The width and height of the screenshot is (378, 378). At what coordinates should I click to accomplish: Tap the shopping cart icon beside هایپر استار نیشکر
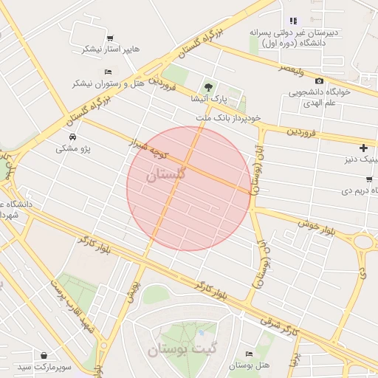click(x=110, y=38)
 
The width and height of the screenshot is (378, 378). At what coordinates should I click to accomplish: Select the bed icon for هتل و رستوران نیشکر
click(x=108, y=72)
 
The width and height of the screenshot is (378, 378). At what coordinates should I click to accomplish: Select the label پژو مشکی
click(x=72, y=148)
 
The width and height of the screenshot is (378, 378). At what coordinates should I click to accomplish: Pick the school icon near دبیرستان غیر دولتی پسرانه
click(x=293, y=21)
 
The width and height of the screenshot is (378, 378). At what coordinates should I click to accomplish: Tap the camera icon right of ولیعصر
click(x=319, y=80)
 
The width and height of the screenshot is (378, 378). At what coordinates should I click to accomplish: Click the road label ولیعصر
click(x=291, y=69)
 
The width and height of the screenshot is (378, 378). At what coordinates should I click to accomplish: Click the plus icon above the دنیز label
click(x=362, y=148)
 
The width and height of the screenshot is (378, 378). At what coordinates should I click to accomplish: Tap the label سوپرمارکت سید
click(x=44, y=367)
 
